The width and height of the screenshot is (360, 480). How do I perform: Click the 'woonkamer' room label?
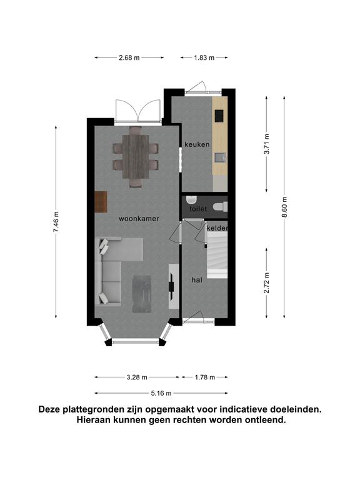[139, 219]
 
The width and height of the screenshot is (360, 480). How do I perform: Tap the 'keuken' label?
[197, 144]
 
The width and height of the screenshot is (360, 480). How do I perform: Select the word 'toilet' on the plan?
[198, 209]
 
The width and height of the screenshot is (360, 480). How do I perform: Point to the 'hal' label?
[197, 280]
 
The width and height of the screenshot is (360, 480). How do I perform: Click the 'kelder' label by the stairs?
[217, 228]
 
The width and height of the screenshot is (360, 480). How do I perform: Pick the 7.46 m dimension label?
[56, 222]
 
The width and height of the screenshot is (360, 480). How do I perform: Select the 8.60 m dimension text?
[284, 207]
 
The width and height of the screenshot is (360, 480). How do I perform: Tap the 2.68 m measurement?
[129, 57]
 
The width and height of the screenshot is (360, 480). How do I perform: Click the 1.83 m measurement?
[204, 57]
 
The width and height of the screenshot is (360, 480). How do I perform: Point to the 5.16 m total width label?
[161, 393]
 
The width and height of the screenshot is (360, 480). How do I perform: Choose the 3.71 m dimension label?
[267, 144]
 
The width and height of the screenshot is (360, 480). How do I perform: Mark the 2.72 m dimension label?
[267, 283]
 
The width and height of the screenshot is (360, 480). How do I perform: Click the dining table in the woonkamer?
[136, 157]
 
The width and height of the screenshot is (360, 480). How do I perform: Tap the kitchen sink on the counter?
[220, 157]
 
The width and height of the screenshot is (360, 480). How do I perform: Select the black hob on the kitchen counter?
[219, 116]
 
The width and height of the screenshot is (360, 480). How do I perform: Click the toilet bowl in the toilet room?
[220, 207]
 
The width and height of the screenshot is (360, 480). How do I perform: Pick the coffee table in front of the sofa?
[142, 294]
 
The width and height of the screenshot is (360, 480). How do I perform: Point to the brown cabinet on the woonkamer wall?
[101, 202]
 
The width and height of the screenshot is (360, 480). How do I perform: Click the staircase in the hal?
[217, 255]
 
